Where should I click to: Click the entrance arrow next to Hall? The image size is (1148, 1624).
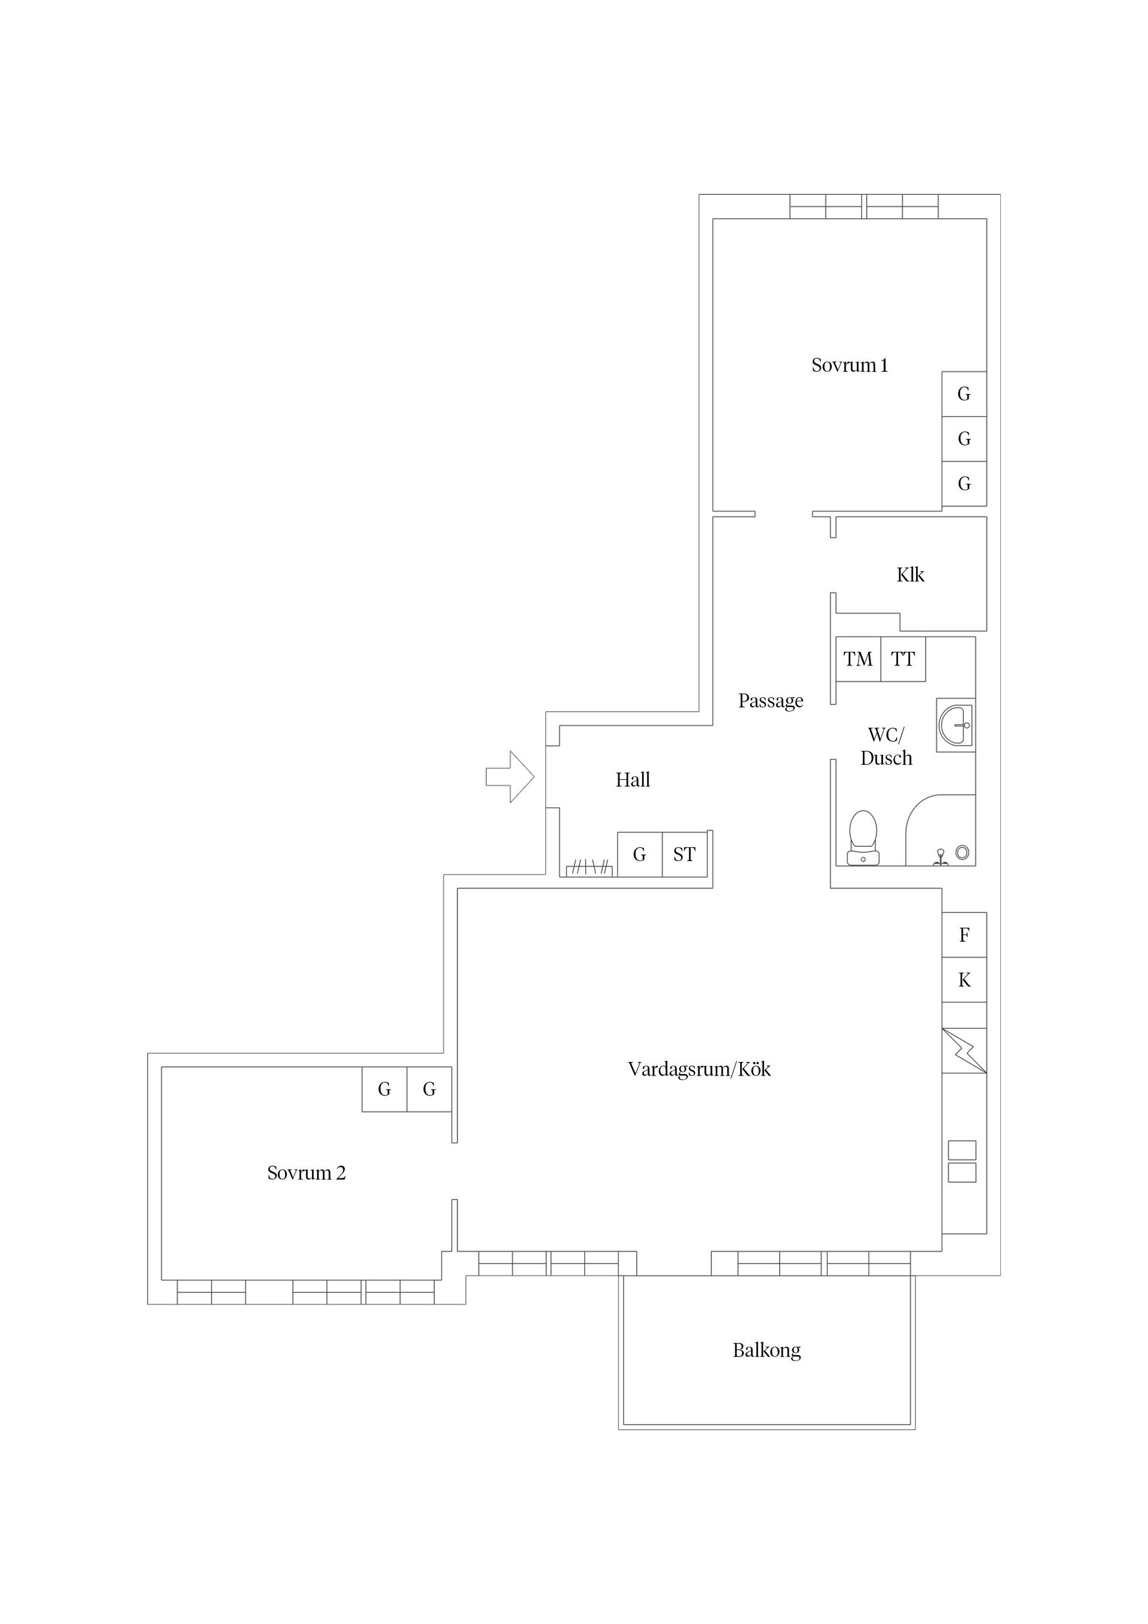tap(510, 777)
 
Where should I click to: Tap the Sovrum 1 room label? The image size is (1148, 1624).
tap(849, 365)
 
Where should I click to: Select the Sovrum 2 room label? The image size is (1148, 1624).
tap(306, 1173)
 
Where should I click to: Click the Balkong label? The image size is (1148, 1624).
tap(767, 1350)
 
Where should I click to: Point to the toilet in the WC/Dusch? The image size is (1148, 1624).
tap(863, 838)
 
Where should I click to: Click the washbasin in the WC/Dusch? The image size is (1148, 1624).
tap(955, 725)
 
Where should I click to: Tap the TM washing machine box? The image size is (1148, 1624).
tap(858, 659)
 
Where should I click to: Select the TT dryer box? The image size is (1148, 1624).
tap(903, 659)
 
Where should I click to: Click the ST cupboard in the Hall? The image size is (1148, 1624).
tap(684, 854)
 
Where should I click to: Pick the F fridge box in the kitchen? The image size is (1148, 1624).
tap(964, 935)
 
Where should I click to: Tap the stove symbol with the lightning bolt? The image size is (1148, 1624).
tap(964, 1051)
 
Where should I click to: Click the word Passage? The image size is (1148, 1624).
tap(771, 701)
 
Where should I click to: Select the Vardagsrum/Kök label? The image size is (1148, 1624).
tap(699, 1069)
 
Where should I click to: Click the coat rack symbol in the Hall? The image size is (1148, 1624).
tap(588, 867)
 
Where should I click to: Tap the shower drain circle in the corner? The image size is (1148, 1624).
tap(962, 852)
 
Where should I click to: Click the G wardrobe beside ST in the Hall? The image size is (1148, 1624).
tap(639, 854)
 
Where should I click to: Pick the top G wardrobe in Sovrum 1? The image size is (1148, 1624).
tap(964, 394)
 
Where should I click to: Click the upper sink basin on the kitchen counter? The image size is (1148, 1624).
tap(962, 1150)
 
